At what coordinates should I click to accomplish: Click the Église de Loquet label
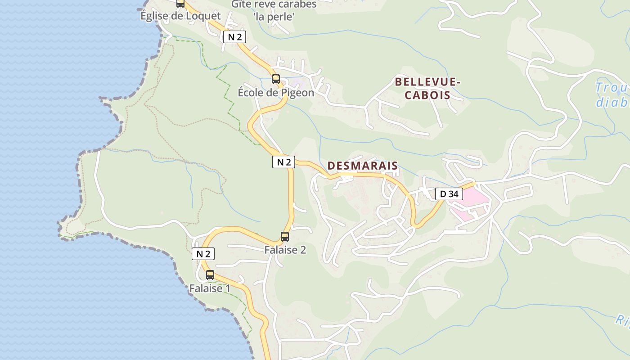click(x=180, y=16)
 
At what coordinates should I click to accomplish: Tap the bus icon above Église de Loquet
click(x=180, y=4)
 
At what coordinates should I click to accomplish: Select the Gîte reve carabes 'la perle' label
click(x=274, y=11)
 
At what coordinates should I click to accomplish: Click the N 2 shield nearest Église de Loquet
click(x=234, y=37)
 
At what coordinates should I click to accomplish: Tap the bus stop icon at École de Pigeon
click(x=276, y=79)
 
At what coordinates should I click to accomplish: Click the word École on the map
click(x=253, y=93)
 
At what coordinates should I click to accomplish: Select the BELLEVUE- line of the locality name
click(x=428, y=82)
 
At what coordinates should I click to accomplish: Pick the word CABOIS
click(x=427, y=95)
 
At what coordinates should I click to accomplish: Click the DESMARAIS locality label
click(x=363, y=166)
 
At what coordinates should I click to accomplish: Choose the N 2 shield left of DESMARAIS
click(x=283, y=162)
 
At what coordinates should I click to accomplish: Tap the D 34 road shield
click(x=449, y=194)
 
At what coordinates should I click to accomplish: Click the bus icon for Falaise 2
click(x=285, y=237)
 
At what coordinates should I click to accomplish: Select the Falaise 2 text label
click(x=285, y=250)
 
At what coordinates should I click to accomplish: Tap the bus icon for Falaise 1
click(x=210, y=275)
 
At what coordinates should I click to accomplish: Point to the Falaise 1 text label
click(x=210, y=288)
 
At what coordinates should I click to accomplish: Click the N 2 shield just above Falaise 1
click(x=203, y=254)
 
